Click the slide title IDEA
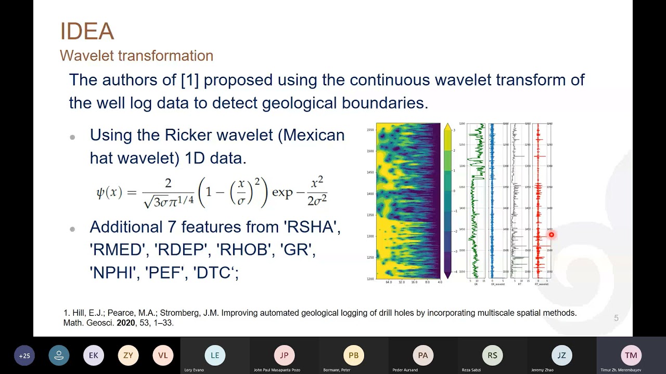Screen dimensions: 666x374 (x=87, y=32)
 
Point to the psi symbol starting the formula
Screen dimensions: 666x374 (x=101, y=193)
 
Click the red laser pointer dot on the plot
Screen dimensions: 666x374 (x=551, y=235)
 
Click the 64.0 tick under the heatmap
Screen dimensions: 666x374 (x=389, y=283)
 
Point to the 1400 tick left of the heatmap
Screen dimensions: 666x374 (x=370, y=194)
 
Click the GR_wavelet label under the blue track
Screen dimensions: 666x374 (x=498, y=284)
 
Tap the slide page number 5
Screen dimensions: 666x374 (x=616, y=318)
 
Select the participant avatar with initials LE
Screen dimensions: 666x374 (x=215, y=355)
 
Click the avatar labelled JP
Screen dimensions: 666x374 (x=284, y=355)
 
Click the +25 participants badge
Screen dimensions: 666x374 (x=24, y=356)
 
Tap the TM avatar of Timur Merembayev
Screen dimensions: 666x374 (x=631, y=355)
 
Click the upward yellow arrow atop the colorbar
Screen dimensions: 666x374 (x=447, y=126)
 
